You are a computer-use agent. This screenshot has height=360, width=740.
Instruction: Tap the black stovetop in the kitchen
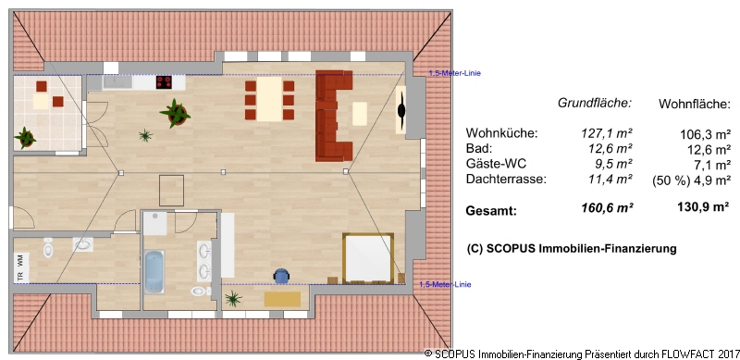[164, 82]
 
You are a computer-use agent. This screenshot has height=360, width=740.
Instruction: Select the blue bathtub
[154, 272]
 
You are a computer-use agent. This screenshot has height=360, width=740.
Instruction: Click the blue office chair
[281, 276]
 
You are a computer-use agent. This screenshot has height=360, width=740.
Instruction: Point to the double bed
[368, 258]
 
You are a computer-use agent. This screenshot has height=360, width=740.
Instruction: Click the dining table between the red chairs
[269, 99]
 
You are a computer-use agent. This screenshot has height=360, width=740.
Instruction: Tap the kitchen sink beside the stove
[117, 82]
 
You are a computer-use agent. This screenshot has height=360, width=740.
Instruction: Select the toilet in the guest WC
[48, 247]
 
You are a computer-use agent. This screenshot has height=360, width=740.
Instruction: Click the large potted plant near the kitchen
[176, 114]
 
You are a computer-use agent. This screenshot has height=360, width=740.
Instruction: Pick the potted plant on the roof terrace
[25, 138]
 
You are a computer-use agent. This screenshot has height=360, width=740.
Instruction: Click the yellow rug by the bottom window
[282, 299]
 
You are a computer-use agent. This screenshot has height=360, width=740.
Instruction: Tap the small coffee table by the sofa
[360, 114]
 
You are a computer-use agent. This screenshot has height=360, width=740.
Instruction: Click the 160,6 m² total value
[608, 208]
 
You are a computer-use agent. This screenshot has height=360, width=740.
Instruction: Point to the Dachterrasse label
[506, 180]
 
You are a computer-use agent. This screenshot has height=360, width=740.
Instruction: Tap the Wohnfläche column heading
[695, 105]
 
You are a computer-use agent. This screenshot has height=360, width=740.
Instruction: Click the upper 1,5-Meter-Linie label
[454, 73]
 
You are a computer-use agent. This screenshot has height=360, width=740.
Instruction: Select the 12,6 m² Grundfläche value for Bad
[610, 149]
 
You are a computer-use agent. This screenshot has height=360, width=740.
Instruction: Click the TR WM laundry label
[20, 267]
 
